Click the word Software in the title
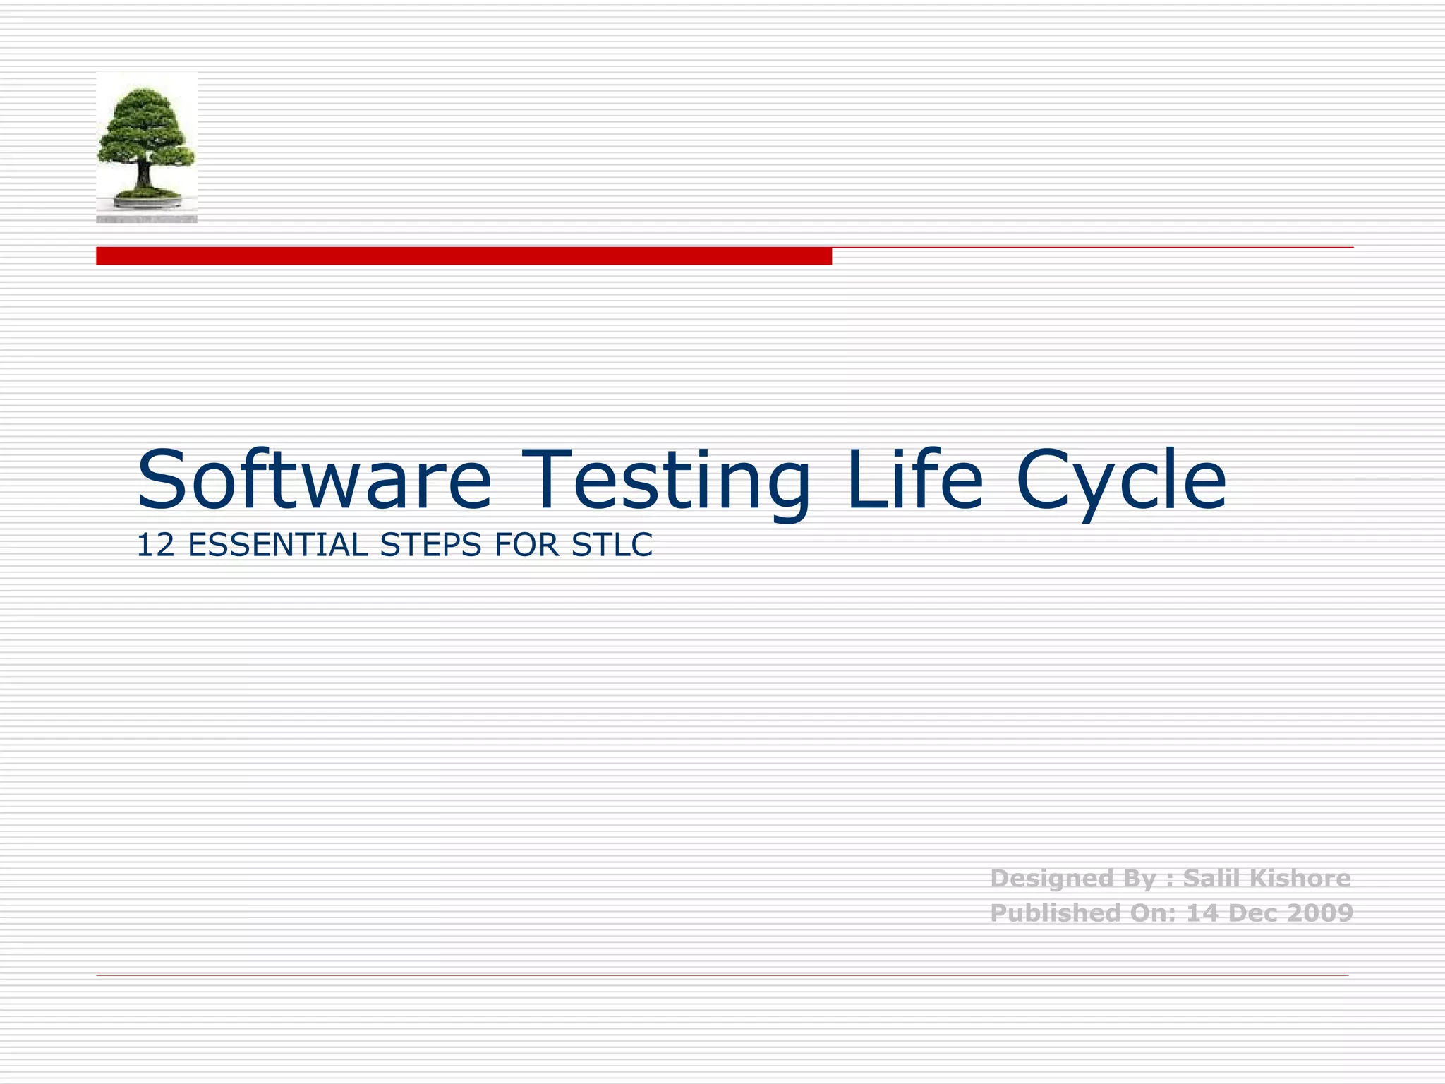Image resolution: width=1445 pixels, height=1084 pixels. [314, 480]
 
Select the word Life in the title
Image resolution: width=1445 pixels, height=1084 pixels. [914, 480]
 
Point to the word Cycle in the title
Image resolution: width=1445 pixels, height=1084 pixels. [1122, 480]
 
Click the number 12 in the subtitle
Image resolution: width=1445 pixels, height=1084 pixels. [155, 546]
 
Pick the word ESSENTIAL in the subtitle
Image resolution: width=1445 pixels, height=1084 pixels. [278, 546]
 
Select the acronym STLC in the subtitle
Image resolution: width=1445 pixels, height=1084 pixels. [612, 546]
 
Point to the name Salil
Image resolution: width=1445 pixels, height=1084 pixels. [1211, 879]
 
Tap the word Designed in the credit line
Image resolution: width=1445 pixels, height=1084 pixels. [1041, 879]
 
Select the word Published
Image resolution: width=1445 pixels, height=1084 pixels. [1044, 913]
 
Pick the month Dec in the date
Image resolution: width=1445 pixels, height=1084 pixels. [1253, 913]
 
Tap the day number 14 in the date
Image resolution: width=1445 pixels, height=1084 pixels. [1202, 913]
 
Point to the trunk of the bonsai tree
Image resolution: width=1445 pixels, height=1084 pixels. [144, 174]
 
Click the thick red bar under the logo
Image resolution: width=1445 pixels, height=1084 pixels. [464, 256]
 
